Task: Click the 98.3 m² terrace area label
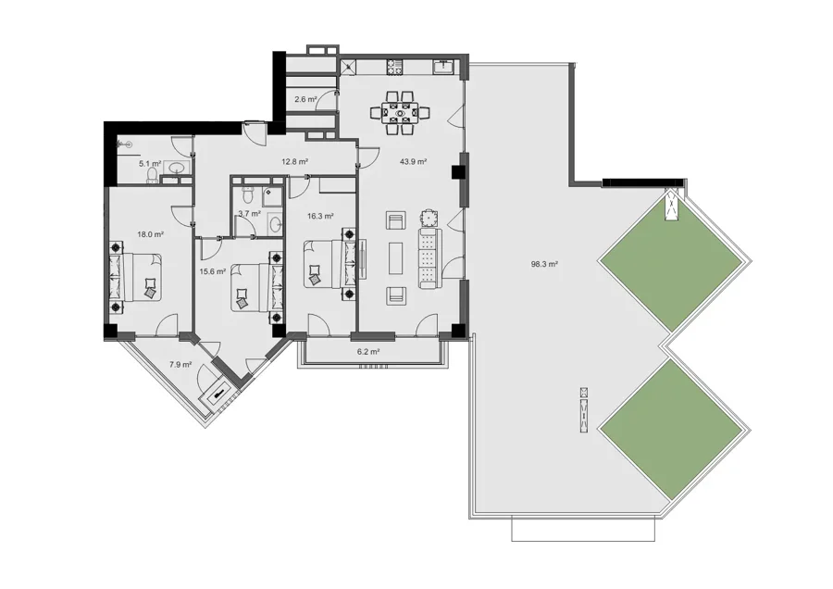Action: [544, 263]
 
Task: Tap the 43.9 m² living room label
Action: [414, 161]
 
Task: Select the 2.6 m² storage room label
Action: [305, 99]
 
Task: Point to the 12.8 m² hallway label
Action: [295, 161]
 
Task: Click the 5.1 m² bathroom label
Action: [150, 164]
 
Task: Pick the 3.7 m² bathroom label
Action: [249, 214]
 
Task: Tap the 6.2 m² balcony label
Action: [368, 351]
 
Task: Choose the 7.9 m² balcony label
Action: [180, 365]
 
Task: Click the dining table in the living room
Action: [400, 113]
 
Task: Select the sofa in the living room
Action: [429, 258]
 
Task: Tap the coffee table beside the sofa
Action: [394, 258]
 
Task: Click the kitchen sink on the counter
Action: [443, 67]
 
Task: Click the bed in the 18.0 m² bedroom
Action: [136, 276]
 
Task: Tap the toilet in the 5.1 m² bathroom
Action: [153, 176]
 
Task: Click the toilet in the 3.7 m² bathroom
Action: [246, 194]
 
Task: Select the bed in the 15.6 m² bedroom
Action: [257, 288]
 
